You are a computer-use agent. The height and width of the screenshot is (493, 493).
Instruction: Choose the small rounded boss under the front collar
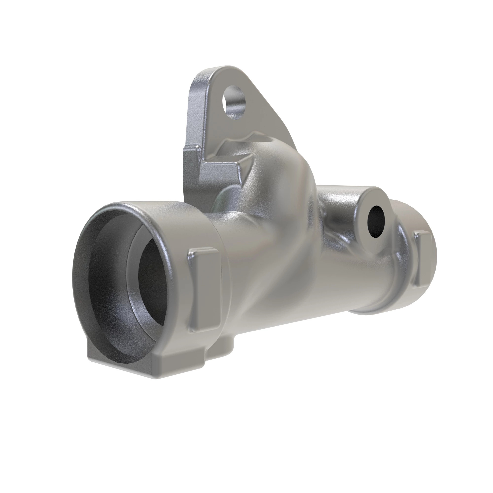pos(225,345)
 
